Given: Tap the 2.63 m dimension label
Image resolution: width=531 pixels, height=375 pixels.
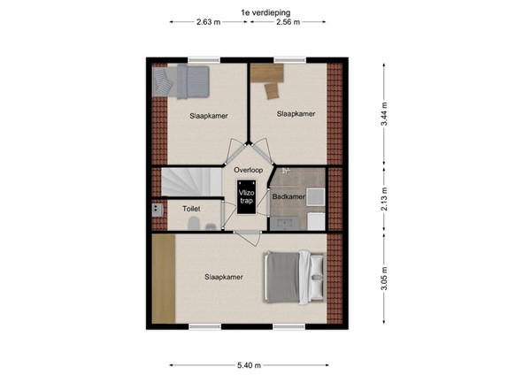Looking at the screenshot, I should (209, 23).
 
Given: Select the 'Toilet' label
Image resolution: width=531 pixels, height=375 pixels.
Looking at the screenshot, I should (191, 209).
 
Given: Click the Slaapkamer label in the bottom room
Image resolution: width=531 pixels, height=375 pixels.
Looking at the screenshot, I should (224, 277).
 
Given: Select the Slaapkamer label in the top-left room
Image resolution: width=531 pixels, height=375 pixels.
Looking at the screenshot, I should (208, 116).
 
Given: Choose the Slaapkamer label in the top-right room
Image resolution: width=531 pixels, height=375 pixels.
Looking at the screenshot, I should (296, 113).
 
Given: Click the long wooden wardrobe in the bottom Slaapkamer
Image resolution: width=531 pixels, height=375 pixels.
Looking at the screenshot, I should (163, 280).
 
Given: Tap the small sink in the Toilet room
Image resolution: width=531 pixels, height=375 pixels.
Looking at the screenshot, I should (157, 210).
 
